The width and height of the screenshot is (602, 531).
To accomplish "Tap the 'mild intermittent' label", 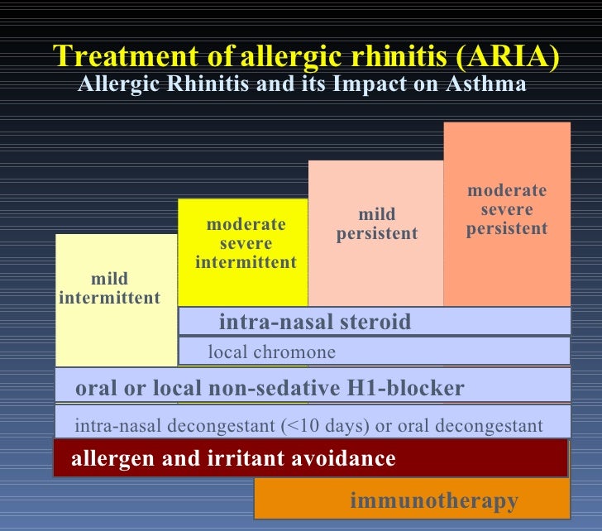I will [109, 288].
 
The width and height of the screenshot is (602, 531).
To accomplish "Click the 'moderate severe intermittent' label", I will [246, 243].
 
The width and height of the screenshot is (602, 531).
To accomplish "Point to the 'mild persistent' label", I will [377, 224].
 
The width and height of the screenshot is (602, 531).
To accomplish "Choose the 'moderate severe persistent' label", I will [507, 209].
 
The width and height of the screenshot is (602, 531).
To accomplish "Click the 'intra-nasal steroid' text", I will [314, 322].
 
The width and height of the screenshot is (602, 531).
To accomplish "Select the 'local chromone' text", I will [271, 352].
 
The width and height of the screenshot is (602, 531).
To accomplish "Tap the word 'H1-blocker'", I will [417, 388].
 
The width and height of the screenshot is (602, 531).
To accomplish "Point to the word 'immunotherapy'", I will [434, 500].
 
